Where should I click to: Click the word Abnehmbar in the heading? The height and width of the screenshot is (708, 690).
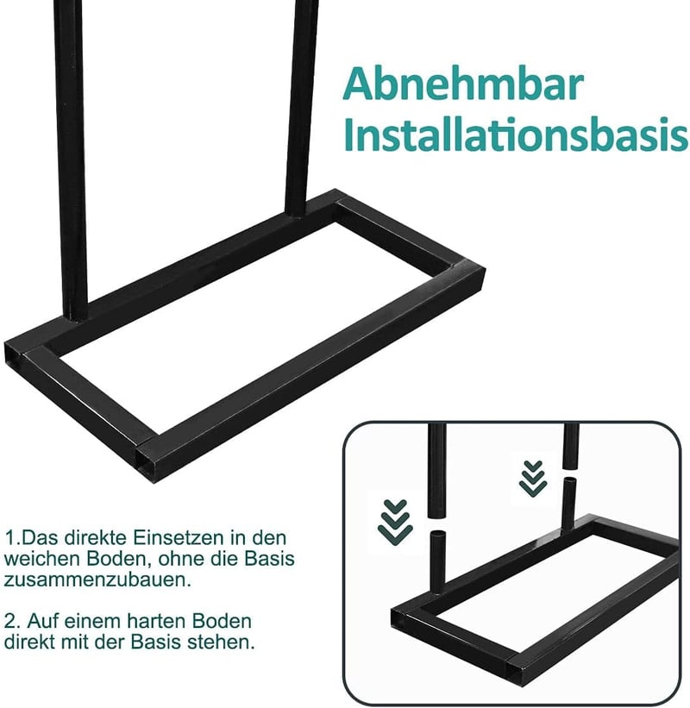[463, 84]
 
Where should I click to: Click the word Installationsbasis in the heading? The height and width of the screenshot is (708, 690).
[516, 135]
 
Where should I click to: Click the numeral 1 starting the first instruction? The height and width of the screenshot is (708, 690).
[9, 538]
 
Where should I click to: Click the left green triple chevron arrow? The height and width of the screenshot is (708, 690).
[395, 522]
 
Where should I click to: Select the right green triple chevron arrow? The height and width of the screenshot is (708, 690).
[533, 479]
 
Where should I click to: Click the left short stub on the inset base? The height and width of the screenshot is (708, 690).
[437, 562]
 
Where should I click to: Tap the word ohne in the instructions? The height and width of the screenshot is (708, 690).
[179, 559]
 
